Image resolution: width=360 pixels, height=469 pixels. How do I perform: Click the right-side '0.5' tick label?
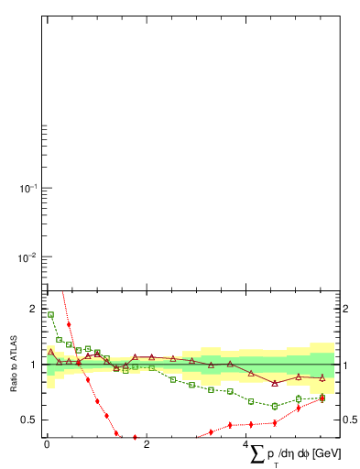coord(350,420)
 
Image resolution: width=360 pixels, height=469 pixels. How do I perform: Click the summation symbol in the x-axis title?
coord(258,453)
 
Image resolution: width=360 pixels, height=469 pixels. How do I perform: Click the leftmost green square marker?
coord(50,314)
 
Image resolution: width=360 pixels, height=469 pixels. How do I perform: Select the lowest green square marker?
coord(275,406)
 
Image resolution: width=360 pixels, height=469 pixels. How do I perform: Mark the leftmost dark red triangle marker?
coord(50,352)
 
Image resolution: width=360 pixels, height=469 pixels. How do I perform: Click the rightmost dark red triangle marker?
coord(322,377)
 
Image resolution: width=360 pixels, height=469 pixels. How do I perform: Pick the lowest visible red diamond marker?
coord(136,437)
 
